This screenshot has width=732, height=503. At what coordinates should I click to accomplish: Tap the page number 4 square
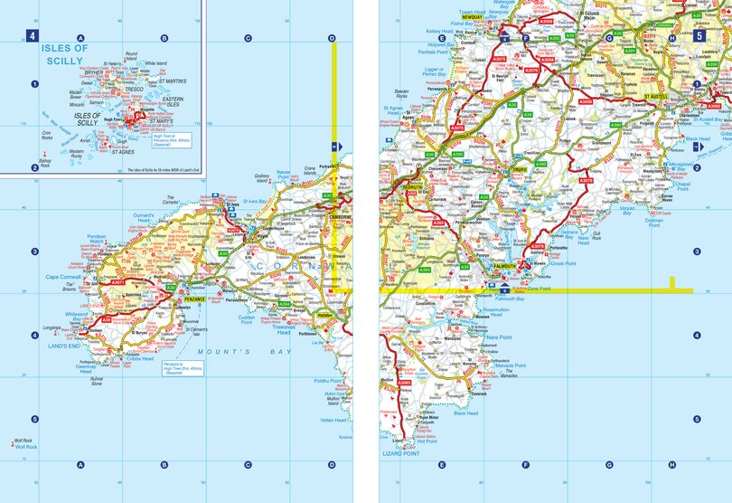pyautogui.click(x=33, y=36)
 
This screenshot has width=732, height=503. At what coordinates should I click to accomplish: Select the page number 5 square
pyautogui.click(x=699, y=36)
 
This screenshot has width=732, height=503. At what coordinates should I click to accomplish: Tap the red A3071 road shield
pyautogui.click(x=117, y=282)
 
